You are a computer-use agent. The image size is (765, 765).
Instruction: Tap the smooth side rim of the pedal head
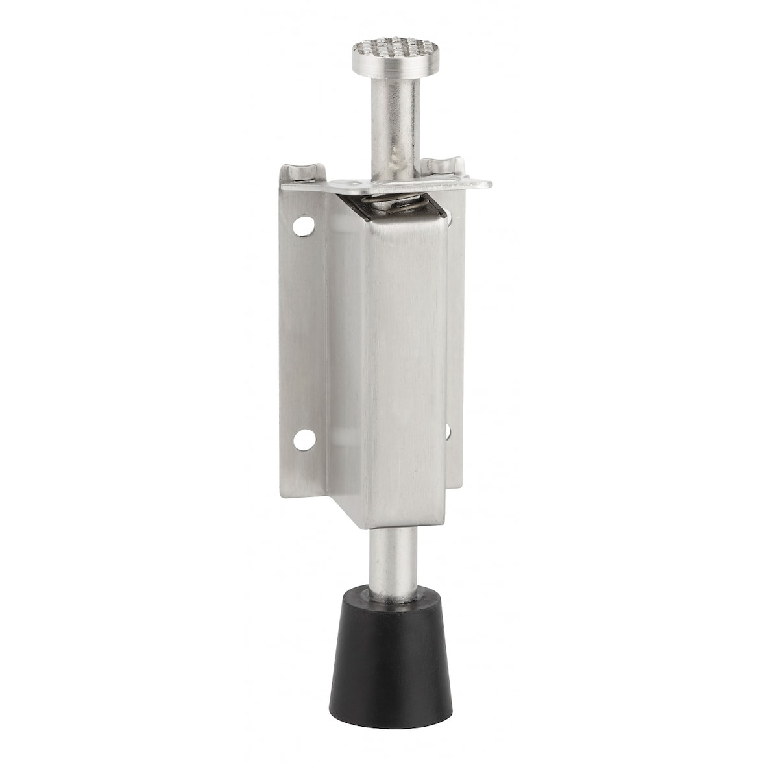386,65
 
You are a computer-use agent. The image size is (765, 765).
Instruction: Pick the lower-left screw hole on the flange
302,441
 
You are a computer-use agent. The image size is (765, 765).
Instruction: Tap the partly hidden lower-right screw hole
448,430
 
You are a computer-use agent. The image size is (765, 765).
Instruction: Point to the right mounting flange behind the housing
455,324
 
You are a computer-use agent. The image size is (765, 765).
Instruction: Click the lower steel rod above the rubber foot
393,558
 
